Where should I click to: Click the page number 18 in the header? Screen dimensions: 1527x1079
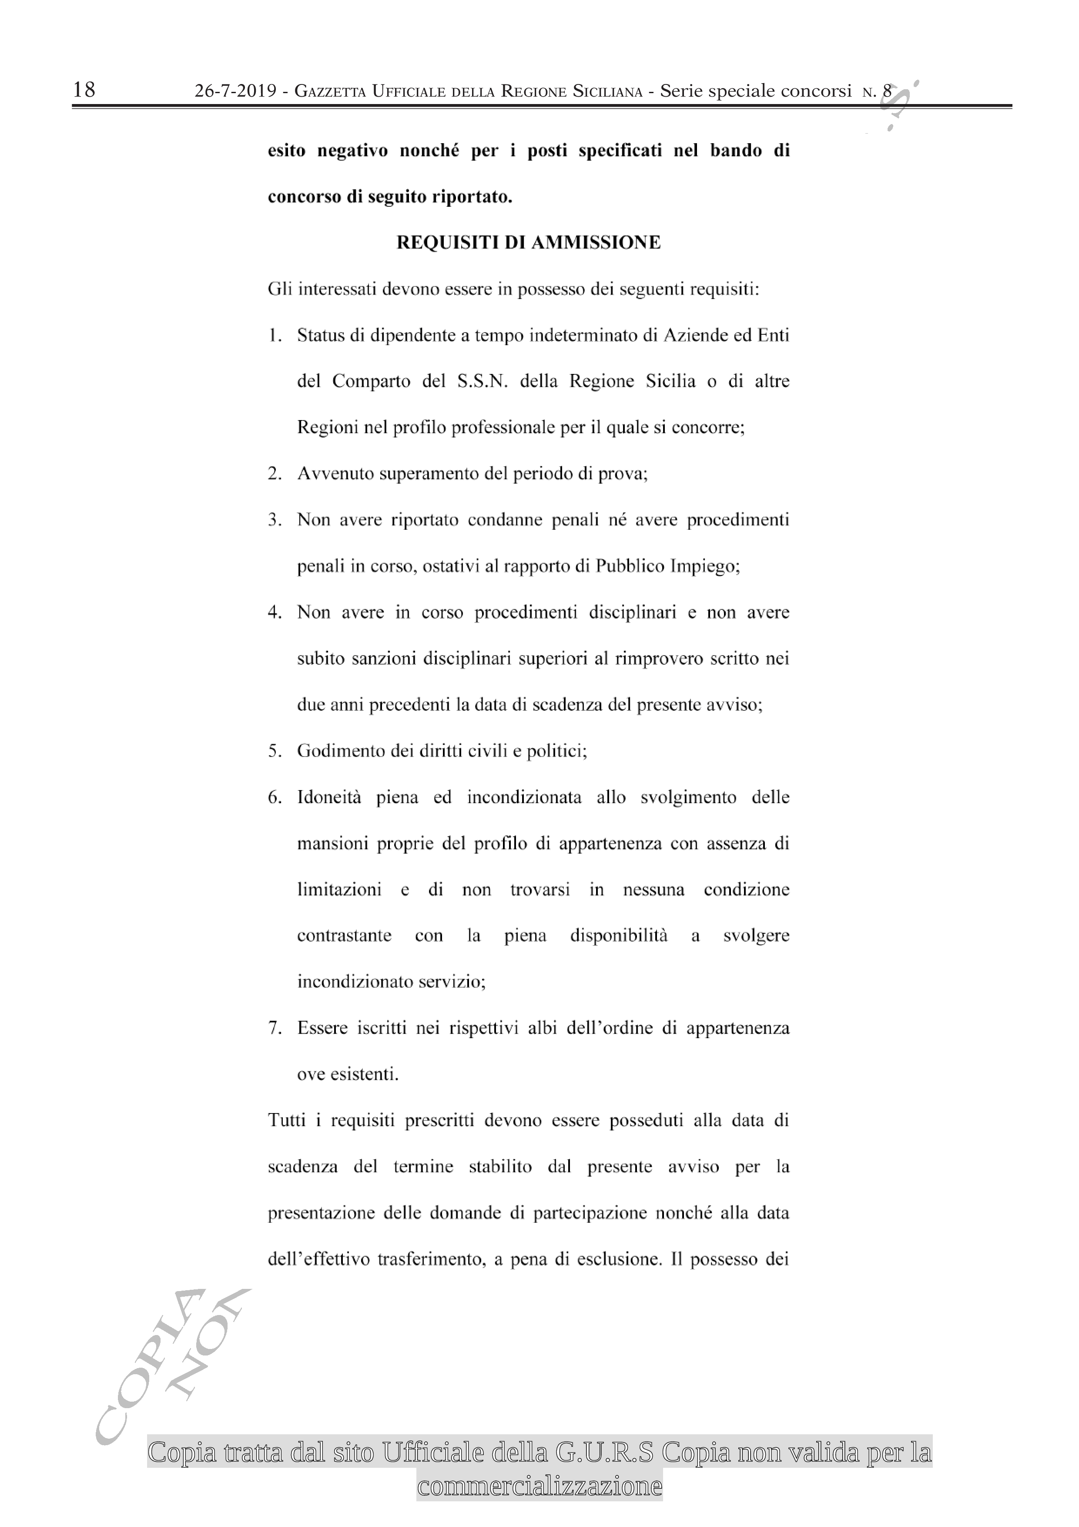(x=84, y=90)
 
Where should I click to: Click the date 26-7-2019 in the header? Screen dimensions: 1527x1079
(x=235, y=91)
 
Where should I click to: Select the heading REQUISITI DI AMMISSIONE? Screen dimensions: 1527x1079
(x=529, y=243)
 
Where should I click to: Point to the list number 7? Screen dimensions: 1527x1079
(x=274, y=1028)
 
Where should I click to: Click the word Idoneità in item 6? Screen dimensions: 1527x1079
(x=329, y=797)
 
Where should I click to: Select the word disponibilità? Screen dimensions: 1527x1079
(x=618, y=936)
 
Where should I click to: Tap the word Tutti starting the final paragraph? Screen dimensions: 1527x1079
(x=287, y=1120)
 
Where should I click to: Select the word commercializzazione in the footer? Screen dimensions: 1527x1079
(x=539, y=1486)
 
